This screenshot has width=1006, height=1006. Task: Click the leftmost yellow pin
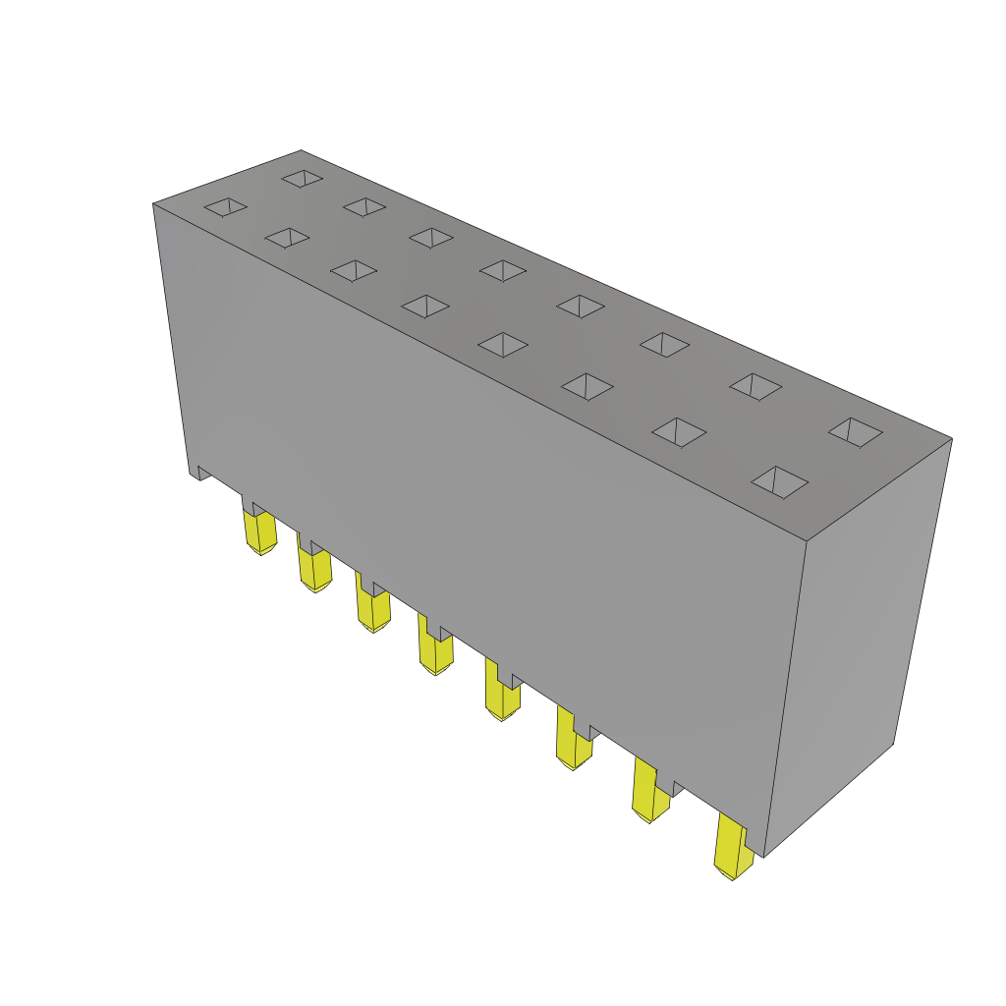point(260,531)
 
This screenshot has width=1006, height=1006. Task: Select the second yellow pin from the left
point(315,570)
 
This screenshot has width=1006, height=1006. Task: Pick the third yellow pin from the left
point(373,608)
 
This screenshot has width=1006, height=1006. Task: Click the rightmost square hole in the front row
point(780,481)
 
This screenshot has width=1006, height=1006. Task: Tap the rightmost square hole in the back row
point(855,432)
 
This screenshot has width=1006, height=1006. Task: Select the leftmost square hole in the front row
point(225,206)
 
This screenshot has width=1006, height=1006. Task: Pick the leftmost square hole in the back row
point(303,178)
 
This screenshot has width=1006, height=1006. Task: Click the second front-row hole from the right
point(679,432)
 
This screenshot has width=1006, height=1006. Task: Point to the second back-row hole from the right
point(755,387)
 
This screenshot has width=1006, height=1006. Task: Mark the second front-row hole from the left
point(287,238)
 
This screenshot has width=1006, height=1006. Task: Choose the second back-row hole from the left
point(364,206)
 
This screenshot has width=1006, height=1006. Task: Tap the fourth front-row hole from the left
point(425,307)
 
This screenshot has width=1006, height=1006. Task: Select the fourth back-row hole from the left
point(503,270)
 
